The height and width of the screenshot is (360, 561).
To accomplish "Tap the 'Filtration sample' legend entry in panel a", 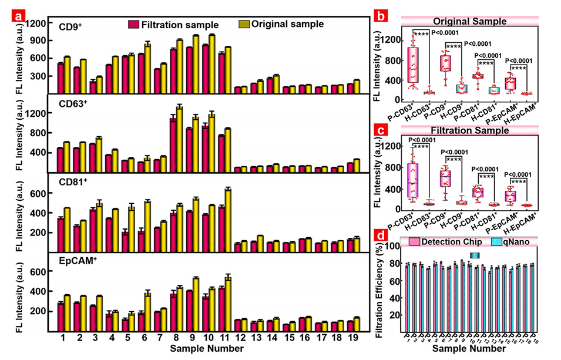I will coord(173,25).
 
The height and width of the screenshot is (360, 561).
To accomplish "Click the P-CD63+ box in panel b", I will coord(415,65).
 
